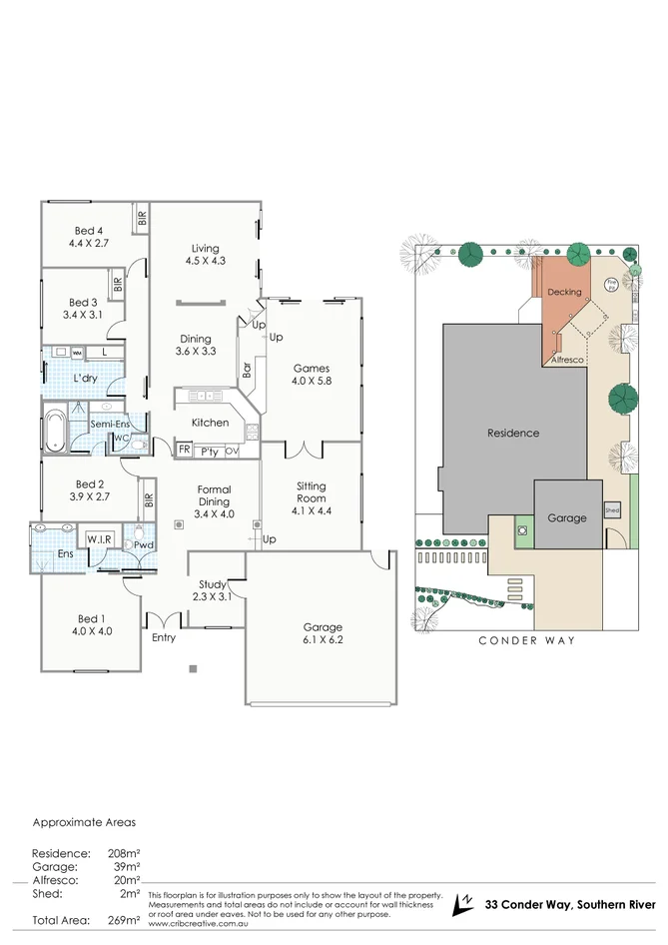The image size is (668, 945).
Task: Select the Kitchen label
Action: pos(210,423)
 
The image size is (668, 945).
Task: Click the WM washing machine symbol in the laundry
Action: pos(76,354)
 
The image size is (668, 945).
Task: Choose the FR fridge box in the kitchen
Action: pos(184,451)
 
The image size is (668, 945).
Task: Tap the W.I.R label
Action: pos(100,539)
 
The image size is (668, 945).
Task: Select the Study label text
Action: pos(211,584)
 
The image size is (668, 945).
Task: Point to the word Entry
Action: pos(164,637)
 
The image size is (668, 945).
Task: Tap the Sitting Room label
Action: pos(312,491)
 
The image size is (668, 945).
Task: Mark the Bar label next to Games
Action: pos(247,369)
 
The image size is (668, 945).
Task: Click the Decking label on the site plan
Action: pos(564,292)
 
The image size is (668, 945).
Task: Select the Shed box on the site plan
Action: pos(612,509)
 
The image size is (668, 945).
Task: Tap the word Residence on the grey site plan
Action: pos(512,433)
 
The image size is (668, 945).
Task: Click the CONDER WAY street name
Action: pos(526,640)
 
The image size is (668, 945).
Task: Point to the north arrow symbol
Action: pos(461,904)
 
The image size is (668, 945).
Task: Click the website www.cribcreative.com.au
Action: pos(198,924)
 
